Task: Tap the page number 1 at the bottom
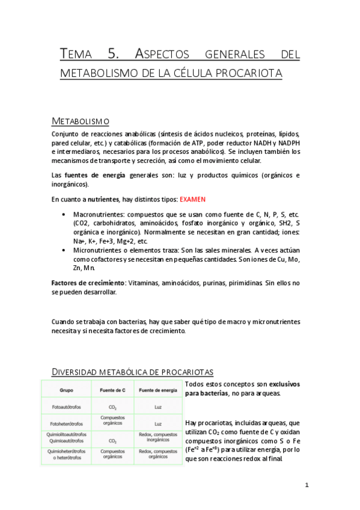pos(307,485)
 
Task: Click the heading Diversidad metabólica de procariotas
pos(132,371)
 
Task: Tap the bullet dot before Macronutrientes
pos(64,215)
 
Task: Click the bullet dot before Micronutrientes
pos(64,250)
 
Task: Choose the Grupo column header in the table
pos(66,390)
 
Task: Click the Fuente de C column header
pos(112,390)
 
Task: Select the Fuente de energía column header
pos(157,390)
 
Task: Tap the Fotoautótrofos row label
pos(66,407)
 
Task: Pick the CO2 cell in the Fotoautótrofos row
pos(112,407)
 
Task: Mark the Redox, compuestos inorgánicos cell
pos(157,437)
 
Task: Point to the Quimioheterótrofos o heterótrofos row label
pos(66,454)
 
